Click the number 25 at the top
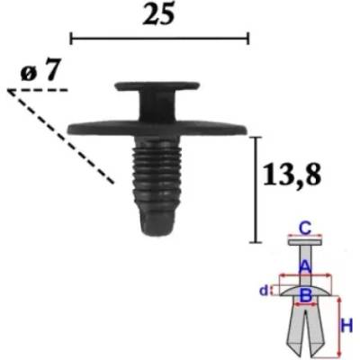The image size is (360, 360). click(x=158, y=15)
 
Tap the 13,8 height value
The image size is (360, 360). click(x=292, y=175)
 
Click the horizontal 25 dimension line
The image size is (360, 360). click(x=159, y=39)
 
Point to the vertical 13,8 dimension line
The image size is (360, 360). click(x=256, y=190)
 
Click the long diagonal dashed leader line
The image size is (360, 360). click(x=61, y=137)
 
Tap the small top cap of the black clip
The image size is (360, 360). click(x=157, y=85)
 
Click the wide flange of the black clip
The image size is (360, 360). click(x=157, y=129)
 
